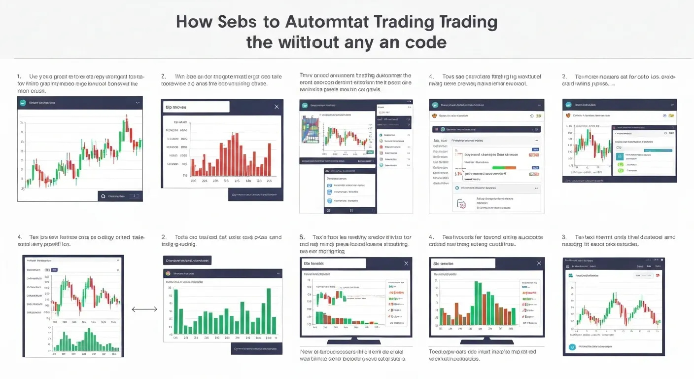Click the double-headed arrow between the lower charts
click(x=144, y=309)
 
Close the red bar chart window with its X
click(x=276, y=107)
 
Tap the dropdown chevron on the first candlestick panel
click(x=137, y=103)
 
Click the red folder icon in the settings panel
click(x=461, y=203)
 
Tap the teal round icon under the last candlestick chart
click(x=572, y=347)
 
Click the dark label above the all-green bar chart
click(x=187, y=260)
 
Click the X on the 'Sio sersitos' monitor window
click(x=538, y=264)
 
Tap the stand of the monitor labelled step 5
click(x=356, y=341)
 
